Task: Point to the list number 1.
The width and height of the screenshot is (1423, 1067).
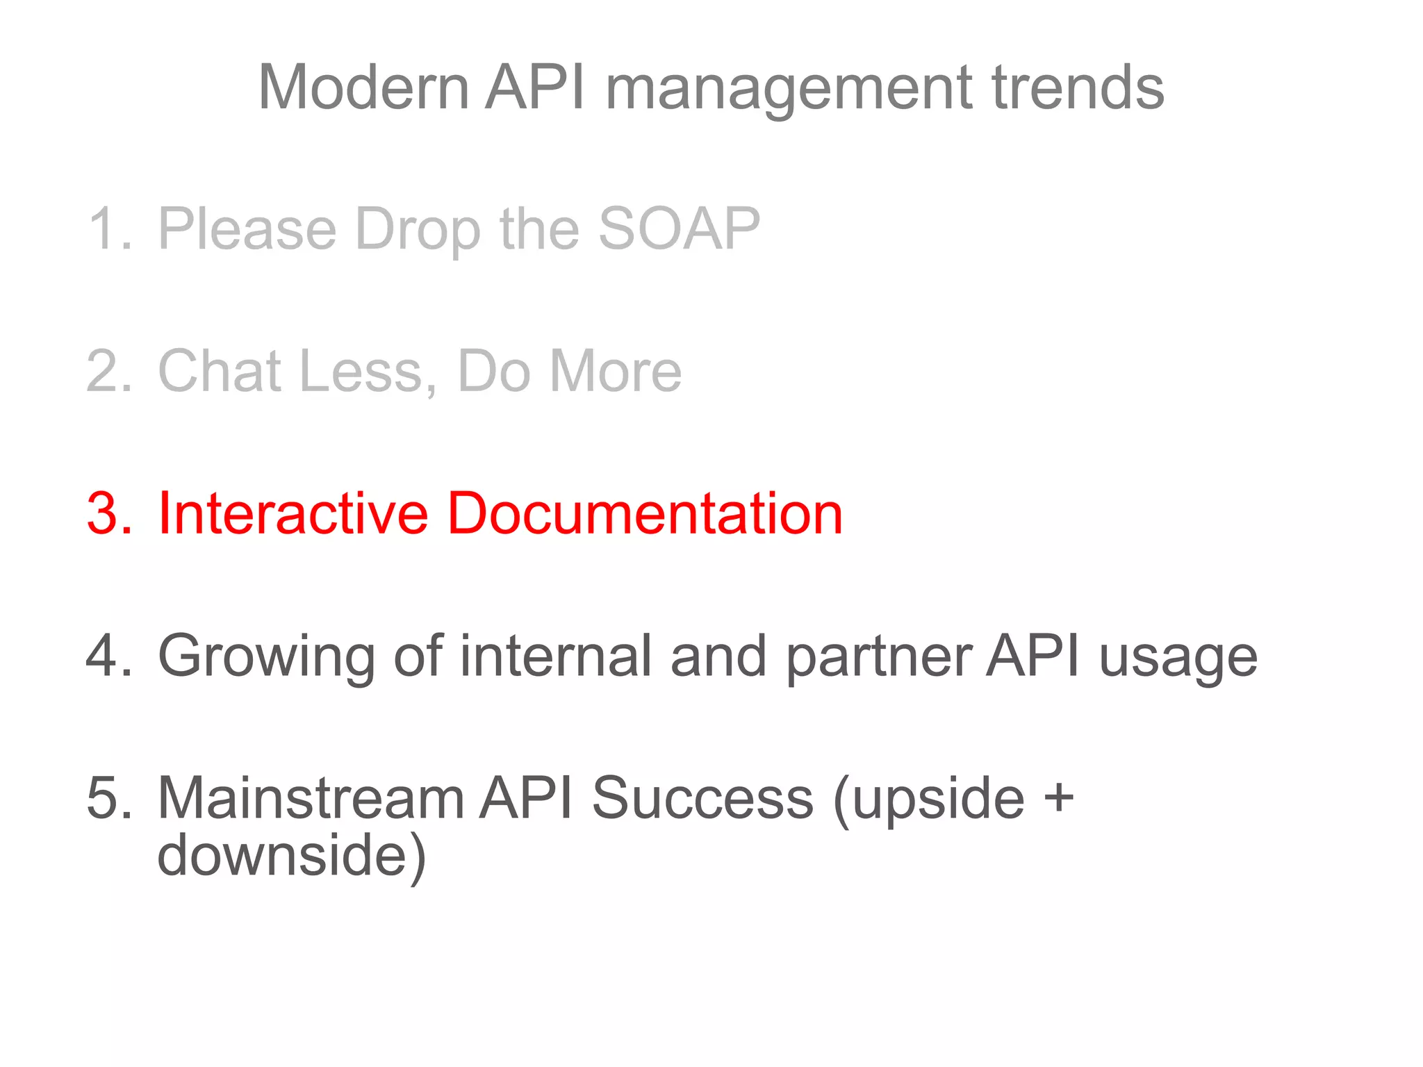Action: [x=108, y=229]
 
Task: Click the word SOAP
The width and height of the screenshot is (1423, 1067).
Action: [x=679, y=229]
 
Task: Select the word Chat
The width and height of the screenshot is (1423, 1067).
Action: [x=220, y=371]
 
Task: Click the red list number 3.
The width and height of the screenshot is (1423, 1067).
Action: [x=108, y=513]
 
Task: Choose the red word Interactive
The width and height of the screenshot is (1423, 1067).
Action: [x=293, y=513]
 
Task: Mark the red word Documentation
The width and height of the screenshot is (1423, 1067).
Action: [x=645, y=513]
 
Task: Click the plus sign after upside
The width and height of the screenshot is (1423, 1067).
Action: [x=1058, y=796]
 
